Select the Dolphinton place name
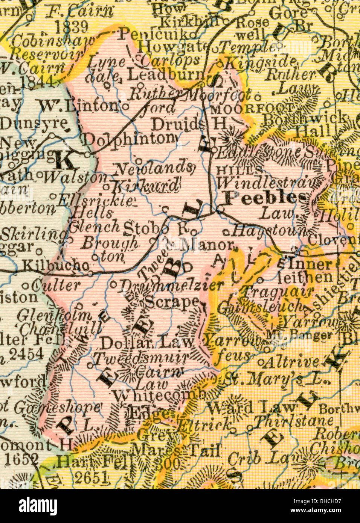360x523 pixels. [x=129, y=139]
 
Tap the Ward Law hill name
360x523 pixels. [x=241, y=408]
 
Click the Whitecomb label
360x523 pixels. [x=159, y=395]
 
